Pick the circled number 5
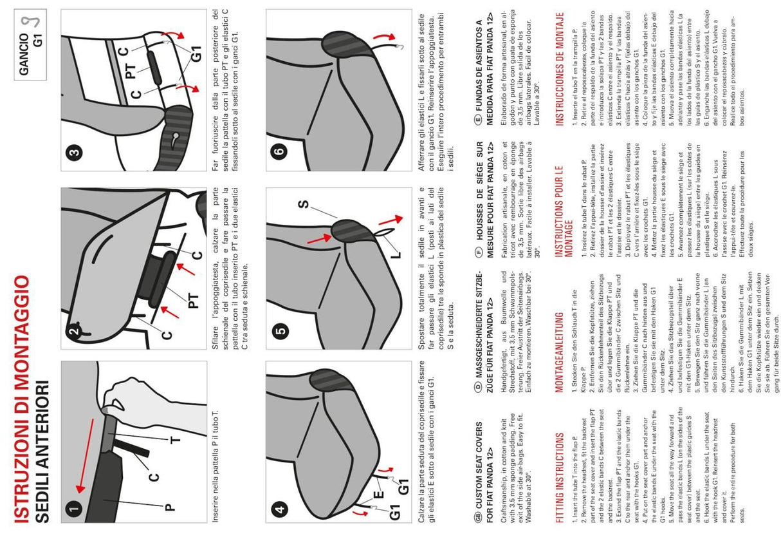point(279,332)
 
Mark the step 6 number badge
point(279,154)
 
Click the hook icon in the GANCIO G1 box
point(27,24)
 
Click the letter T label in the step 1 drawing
point(175,441)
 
